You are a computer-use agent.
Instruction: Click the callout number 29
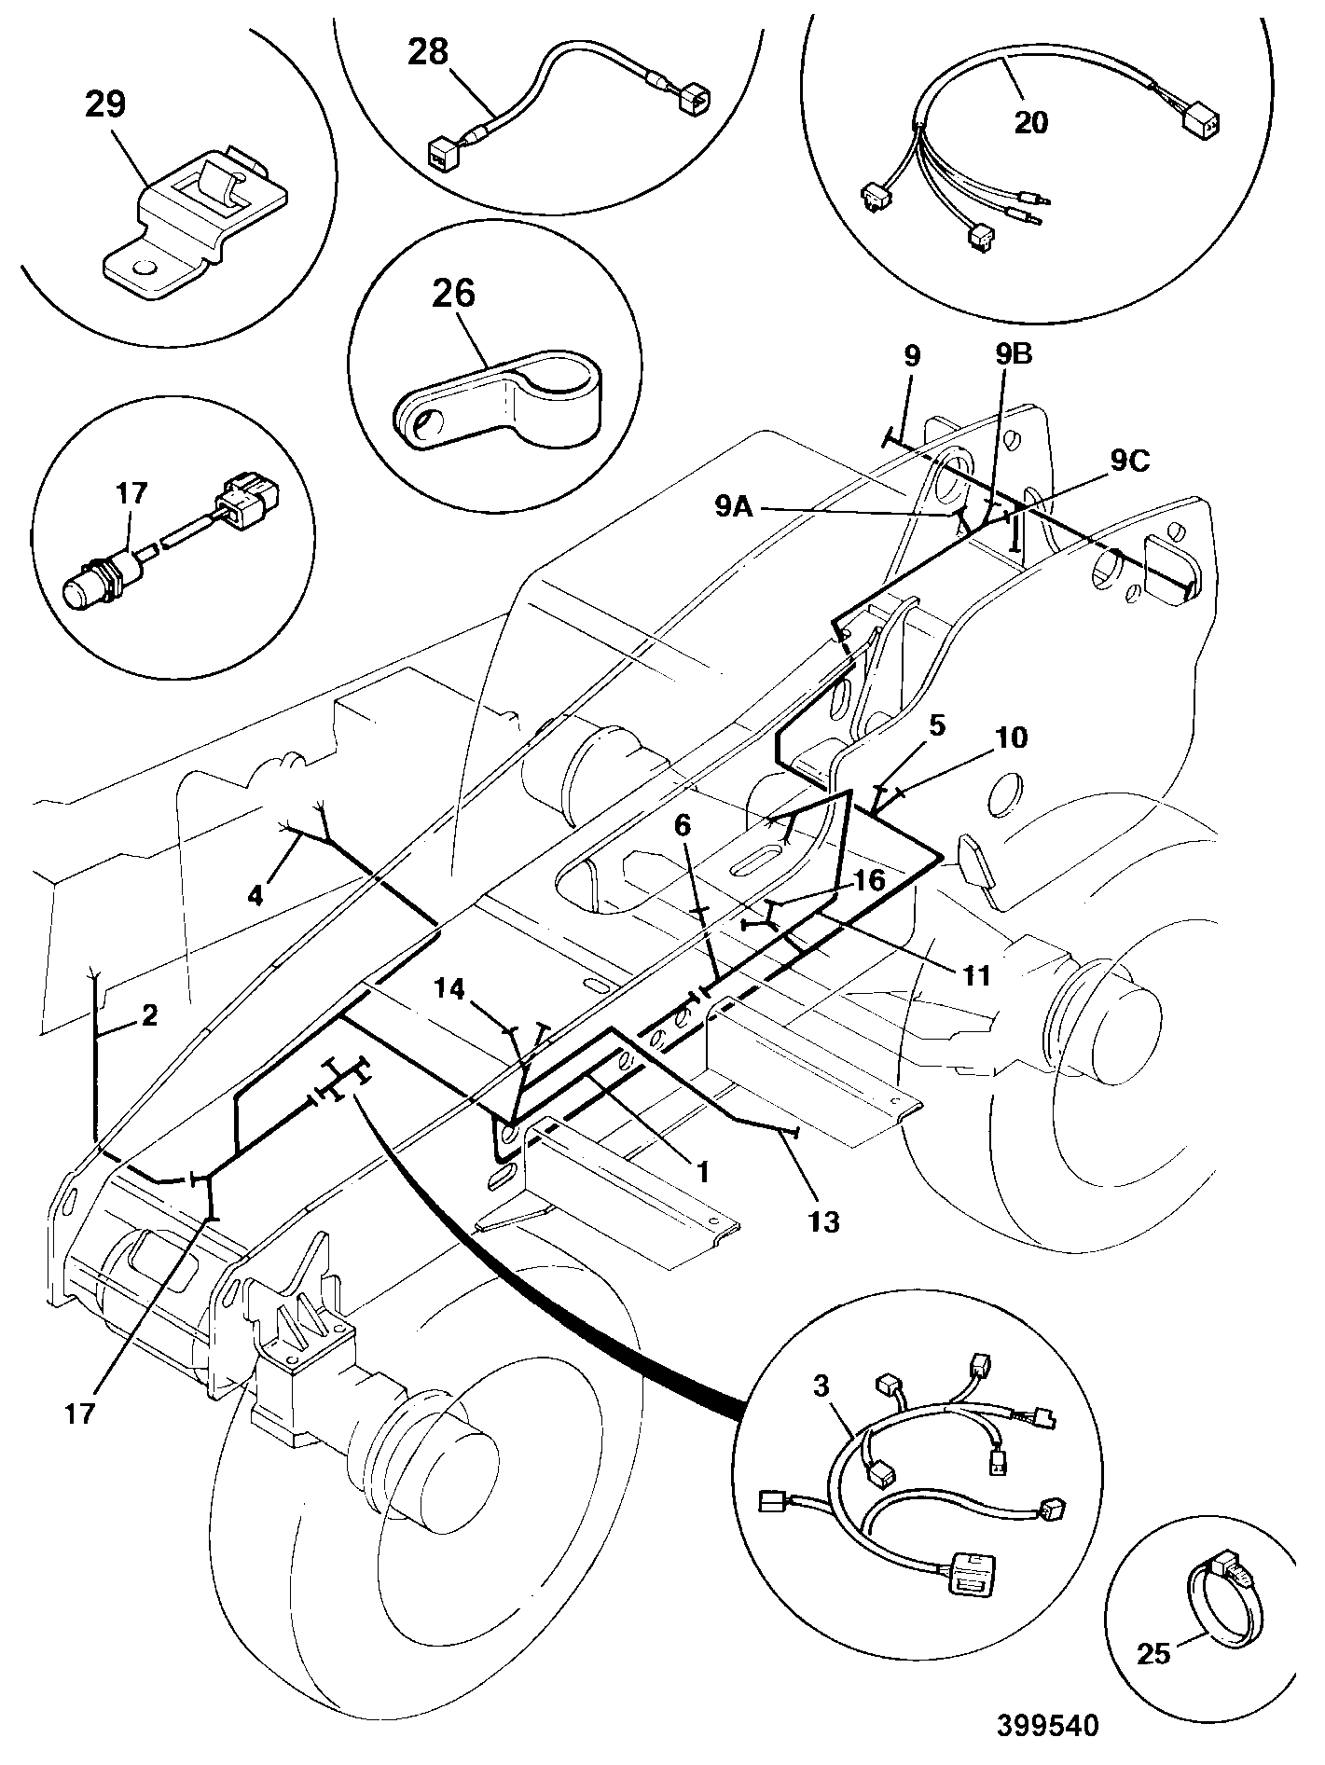pyautogui.click(x=105, y=105)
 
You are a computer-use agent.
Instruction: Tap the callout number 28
pyautogui.click(x=428, y=52)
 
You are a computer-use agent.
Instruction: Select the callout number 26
pyautogui.click(x=453, y=294)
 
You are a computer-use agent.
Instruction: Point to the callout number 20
pyautogui.click(x=1031, y=122)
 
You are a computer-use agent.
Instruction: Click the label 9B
pyautogui.click(x=1014, y=354)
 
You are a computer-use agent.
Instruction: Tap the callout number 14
pyautogui.click(x=451, y=989)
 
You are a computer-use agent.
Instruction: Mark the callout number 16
pyautogui.click(x=870, y=880)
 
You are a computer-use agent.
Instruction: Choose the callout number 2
pyautogui.click(x=150, y=1015)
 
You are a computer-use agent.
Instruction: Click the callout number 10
pyautogui.click(x=1012, y=738)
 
